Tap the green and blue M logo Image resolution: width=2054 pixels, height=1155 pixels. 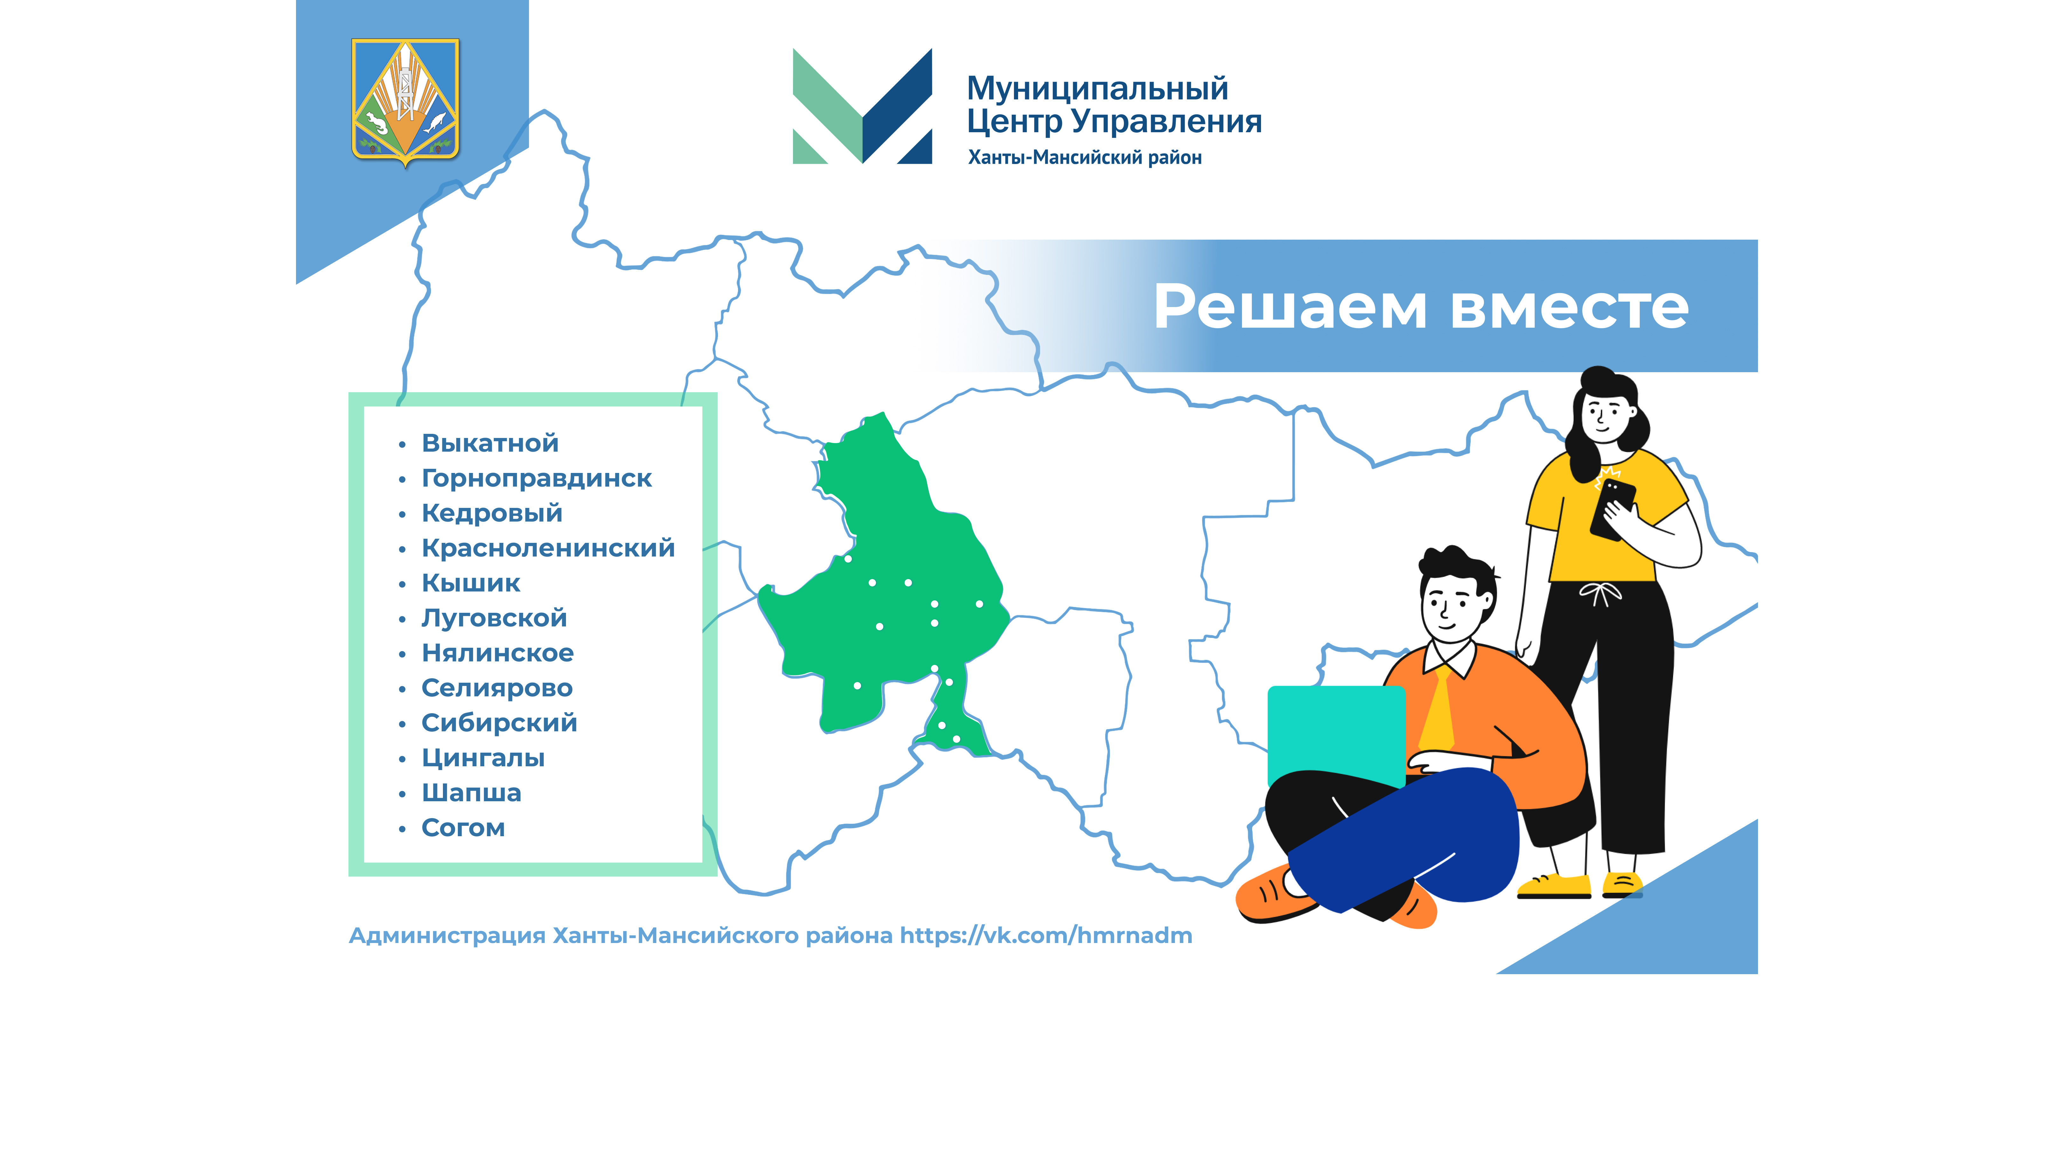tap(862, 106)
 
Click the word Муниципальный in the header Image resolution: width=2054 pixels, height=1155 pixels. tap(1097, 88)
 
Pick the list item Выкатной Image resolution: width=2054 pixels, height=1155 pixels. tap(490, 443)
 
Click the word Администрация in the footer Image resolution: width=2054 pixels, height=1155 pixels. tap(447, 936)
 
